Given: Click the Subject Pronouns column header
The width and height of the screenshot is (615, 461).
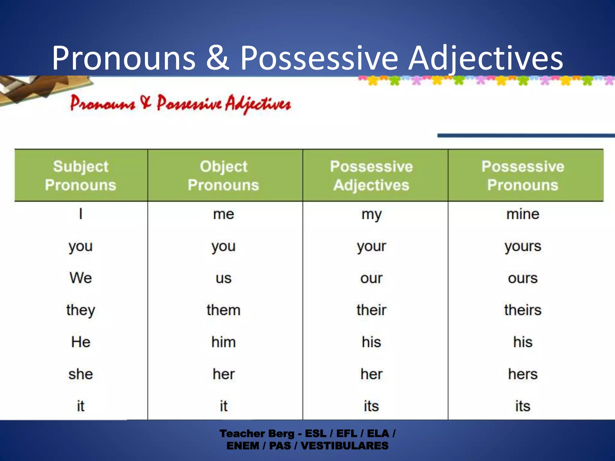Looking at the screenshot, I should tap(80, 176).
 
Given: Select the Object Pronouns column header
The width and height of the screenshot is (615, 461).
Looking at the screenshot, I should tap(223, 176).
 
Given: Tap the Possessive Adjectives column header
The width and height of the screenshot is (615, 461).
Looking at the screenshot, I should tap(371, 176).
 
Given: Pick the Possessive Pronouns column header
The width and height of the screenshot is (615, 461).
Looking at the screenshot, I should tap(523, 176).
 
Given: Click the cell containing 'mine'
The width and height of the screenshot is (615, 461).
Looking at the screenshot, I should tap(523, 214).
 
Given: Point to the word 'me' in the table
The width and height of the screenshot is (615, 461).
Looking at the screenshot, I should tap(223, 214).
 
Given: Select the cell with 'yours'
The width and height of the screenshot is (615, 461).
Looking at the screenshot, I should tap(523, 247).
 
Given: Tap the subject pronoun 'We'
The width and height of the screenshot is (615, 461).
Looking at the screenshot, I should tap(80, 278).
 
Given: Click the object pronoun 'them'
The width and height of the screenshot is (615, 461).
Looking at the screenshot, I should tap(223, 310).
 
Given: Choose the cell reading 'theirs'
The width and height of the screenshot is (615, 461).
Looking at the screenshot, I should tap(523, 310).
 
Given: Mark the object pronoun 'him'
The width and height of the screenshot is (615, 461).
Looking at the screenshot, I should tap(223, 342).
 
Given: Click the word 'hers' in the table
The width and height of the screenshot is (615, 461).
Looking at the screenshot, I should tap(523, 374).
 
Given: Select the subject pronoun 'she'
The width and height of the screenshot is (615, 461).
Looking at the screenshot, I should tap(80, 374).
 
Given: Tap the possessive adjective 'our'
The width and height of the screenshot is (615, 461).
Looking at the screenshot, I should tap(371, 278).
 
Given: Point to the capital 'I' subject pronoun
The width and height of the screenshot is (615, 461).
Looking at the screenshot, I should tap(80, 214).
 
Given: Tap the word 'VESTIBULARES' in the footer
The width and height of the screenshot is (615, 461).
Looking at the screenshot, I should tap(344, 446).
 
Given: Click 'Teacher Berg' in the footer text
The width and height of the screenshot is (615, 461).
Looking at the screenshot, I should tap(257, 434).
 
